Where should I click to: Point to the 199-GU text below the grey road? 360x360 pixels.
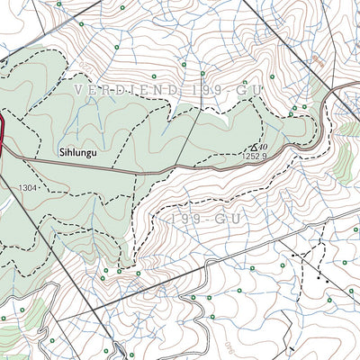[x=194, y=219]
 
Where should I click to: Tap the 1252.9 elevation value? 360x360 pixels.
[x=256, y=156]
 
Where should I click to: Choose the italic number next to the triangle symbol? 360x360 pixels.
[x=267, y=144]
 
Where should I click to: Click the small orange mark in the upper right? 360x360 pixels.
[x=318, y=61]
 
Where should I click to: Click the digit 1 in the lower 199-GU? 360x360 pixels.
[x=170, y=219]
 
